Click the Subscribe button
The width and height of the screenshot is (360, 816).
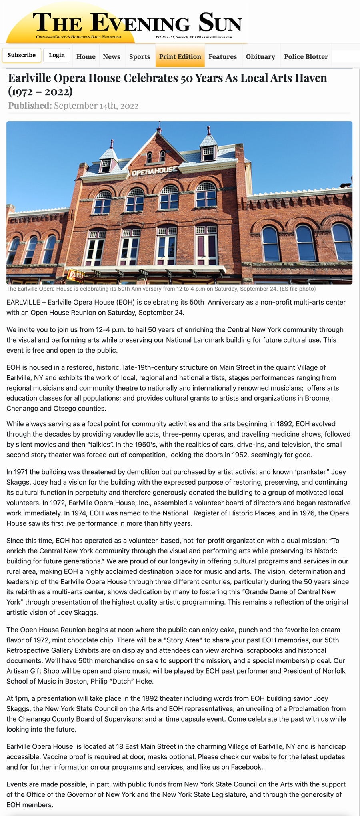point(22,55)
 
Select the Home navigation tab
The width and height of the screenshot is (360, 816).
point(86,57)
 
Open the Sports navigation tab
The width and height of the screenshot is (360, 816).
point(140,57)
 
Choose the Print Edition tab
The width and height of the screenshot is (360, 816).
point(180,57)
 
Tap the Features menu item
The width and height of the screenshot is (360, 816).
point(222,57)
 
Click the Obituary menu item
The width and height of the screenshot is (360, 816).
point(260,57)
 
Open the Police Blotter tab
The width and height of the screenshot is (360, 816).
point(306,57)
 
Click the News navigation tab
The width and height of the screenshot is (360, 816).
point(112,57)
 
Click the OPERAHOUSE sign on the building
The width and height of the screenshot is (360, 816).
point(154,171)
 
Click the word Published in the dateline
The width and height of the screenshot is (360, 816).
point(30,106)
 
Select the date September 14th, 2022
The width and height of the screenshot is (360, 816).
point(96,106)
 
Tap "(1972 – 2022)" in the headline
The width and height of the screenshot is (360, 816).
point(40,91)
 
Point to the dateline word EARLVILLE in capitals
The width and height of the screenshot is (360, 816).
point(23,302)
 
